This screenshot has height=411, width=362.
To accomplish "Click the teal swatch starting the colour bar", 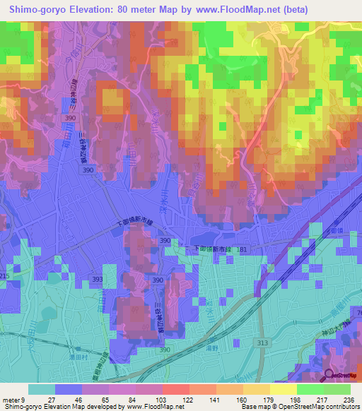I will [42, 390].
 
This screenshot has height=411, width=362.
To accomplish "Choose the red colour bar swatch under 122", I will [176, 390].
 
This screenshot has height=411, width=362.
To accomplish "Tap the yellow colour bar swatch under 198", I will [284, 390].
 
